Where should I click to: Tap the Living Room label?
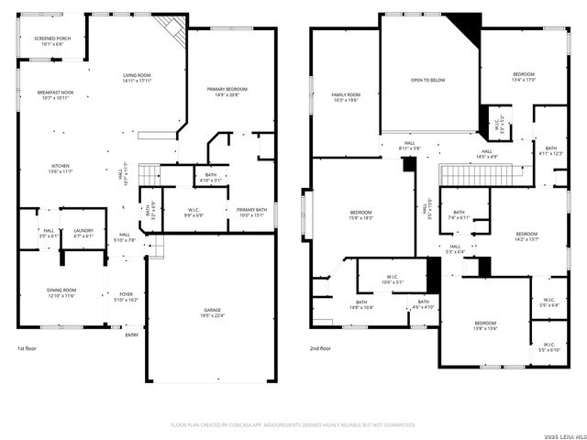pyautogui.click(x=138, y=78)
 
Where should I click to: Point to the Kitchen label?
pyautogui.click(x=60, y=169)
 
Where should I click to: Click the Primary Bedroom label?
pyautogui.click(x=227, y=92)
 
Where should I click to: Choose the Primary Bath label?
pyautogui.click(x=252, y=213)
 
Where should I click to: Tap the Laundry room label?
pyautogui.click(x=83, y=233)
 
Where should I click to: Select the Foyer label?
pyautogui.click(x=126, y=297)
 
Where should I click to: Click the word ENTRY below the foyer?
pyautogui.click(x=132, y=335)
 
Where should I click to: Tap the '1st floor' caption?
pyautogui.click(x=27, y=349)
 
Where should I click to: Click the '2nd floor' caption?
pyautogui.click(x=321, y=349)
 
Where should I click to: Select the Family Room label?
pyautogui.click(x=346, y=97)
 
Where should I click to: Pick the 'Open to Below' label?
pyautogui.click(x=427, y=81)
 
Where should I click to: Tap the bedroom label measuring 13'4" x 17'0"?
pyautogui.click(x=524, y=76)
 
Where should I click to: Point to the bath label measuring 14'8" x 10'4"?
pyautogui.click(x=361, y=305)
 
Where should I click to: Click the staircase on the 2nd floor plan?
pyautogui.click(x=464, y=175)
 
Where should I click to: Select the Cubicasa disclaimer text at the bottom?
pyautogui.click(x=293, y=425)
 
